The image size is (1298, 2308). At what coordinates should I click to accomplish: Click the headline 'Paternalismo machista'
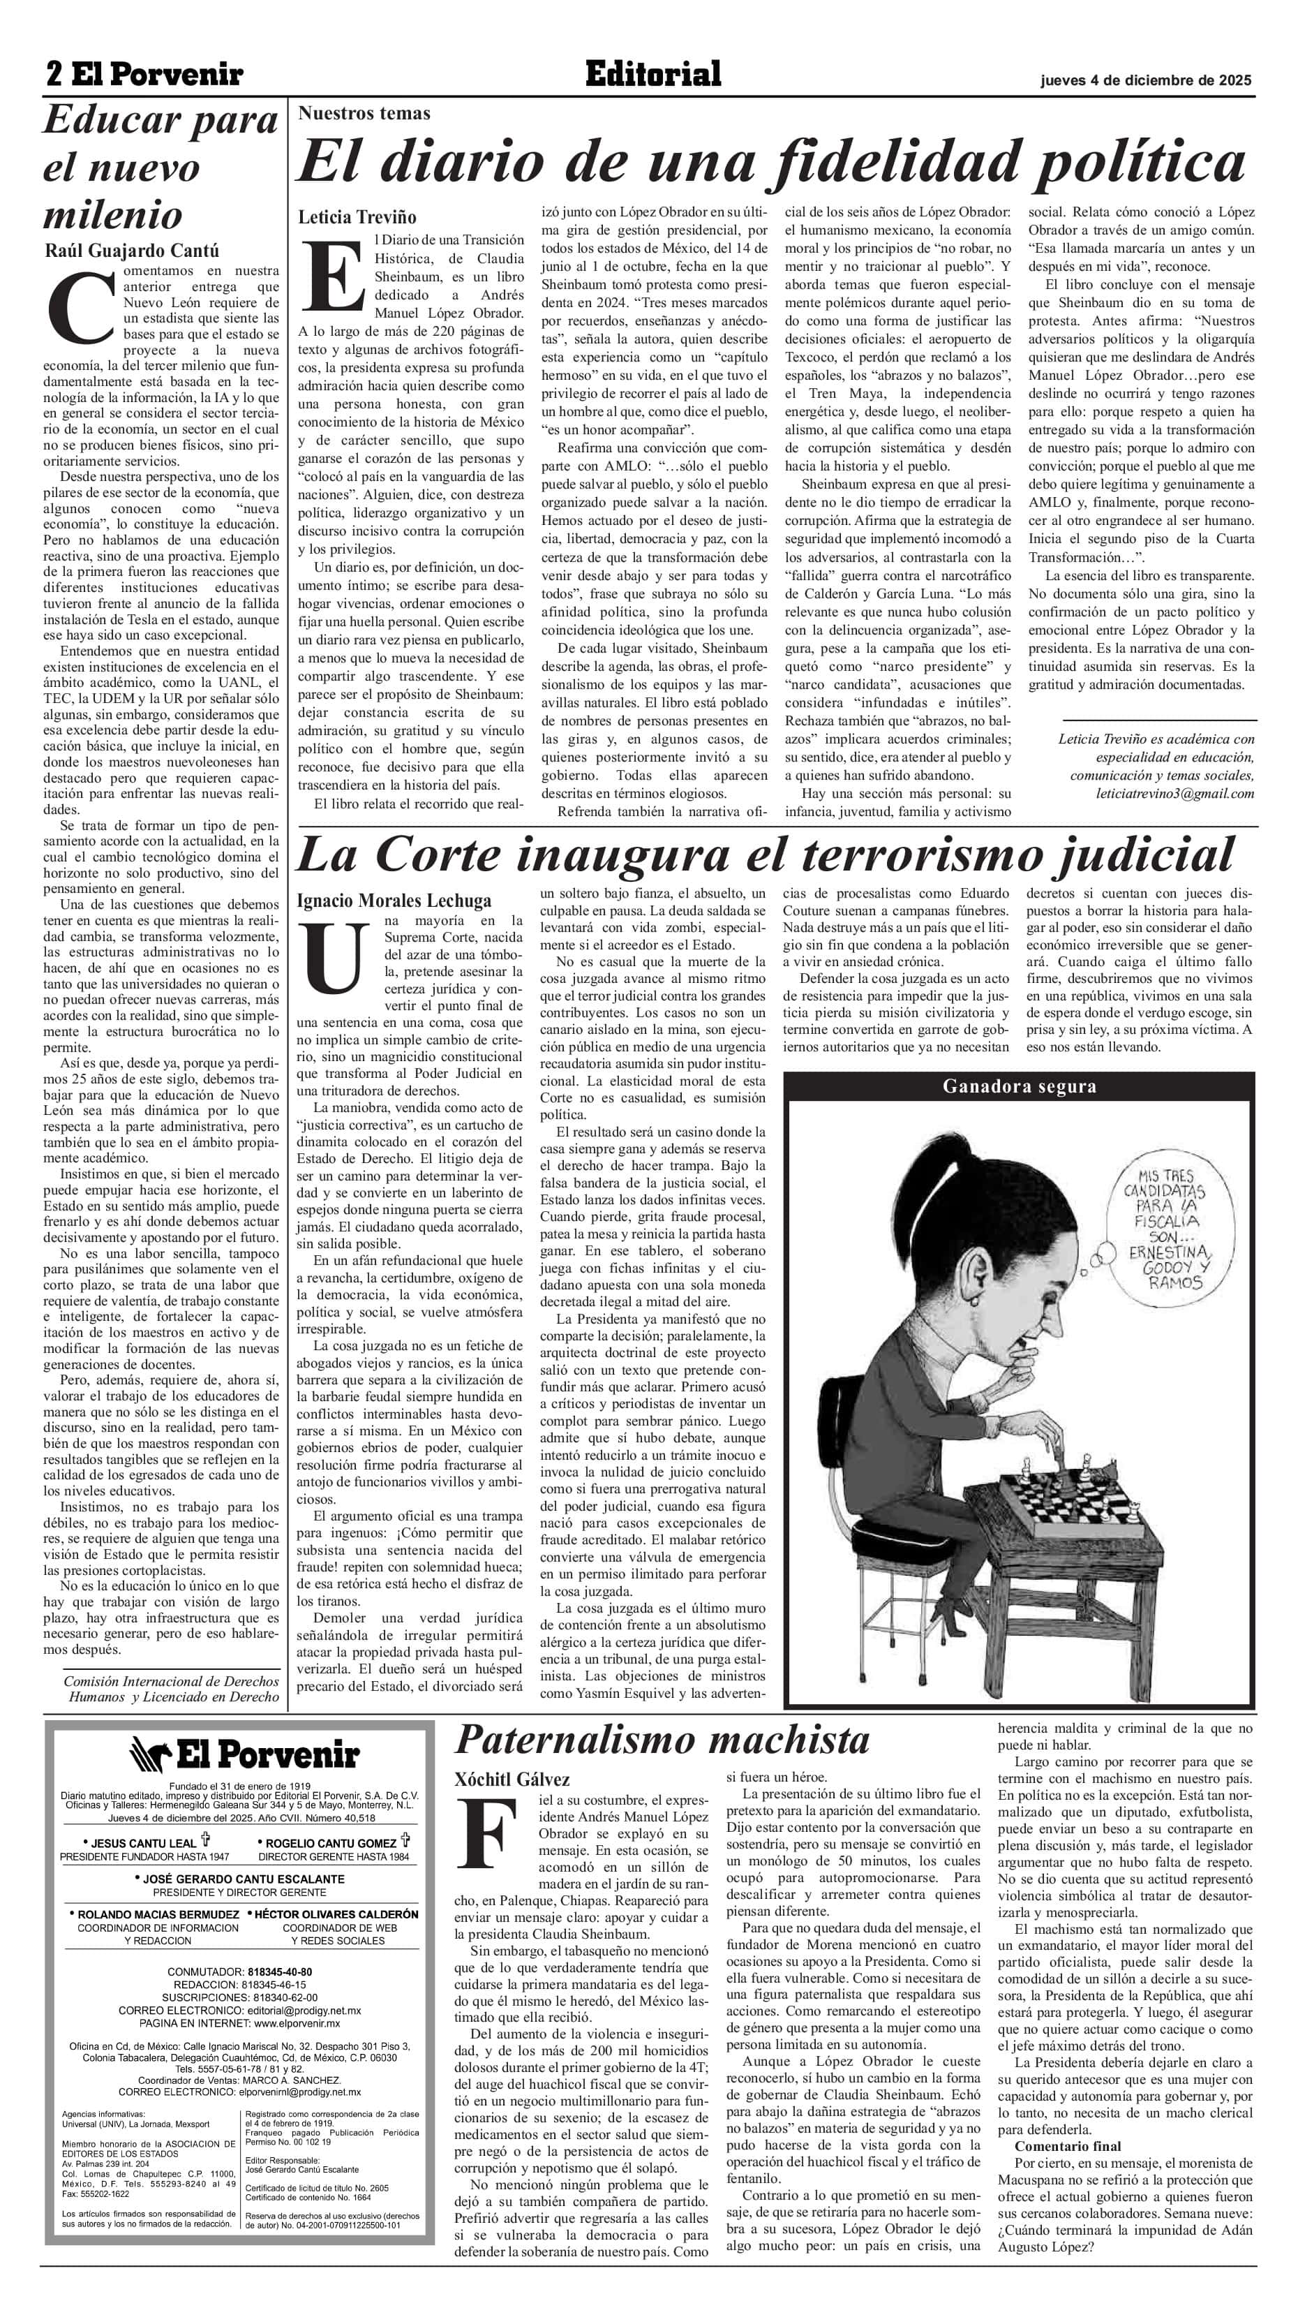(x=662, y=1739)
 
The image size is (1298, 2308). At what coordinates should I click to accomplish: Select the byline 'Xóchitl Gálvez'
(x=512, y=1779)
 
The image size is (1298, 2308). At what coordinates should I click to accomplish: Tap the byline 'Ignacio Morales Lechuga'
(x=394, y=900)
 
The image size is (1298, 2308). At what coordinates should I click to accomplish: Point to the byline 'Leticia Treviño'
(x=357, y=217)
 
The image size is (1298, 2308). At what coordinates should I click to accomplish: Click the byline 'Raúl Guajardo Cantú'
(x=132, y=250)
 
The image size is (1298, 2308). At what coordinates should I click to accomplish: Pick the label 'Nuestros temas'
(x=364, y=113)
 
